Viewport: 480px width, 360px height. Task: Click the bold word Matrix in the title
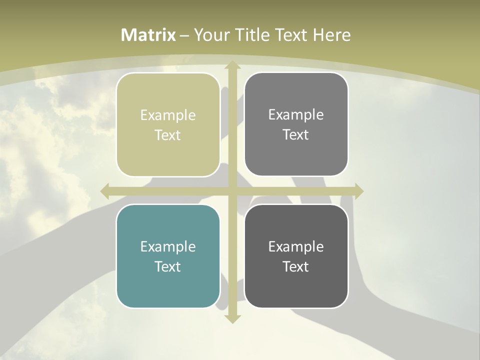coord(148,35)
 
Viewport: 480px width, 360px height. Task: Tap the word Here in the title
coord(331,35)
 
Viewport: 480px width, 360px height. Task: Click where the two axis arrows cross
coord(232,191)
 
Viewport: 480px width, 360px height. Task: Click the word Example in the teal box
coord(168,246)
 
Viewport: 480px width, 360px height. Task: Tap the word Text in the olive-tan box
coord(168,135)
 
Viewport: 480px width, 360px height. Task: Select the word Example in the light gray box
coord(296,114)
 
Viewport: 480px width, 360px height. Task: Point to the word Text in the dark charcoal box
coord(296,266)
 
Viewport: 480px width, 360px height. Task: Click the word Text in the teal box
coord(168,266)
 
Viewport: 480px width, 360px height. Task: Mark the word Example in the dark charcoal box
coord(296,246)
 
